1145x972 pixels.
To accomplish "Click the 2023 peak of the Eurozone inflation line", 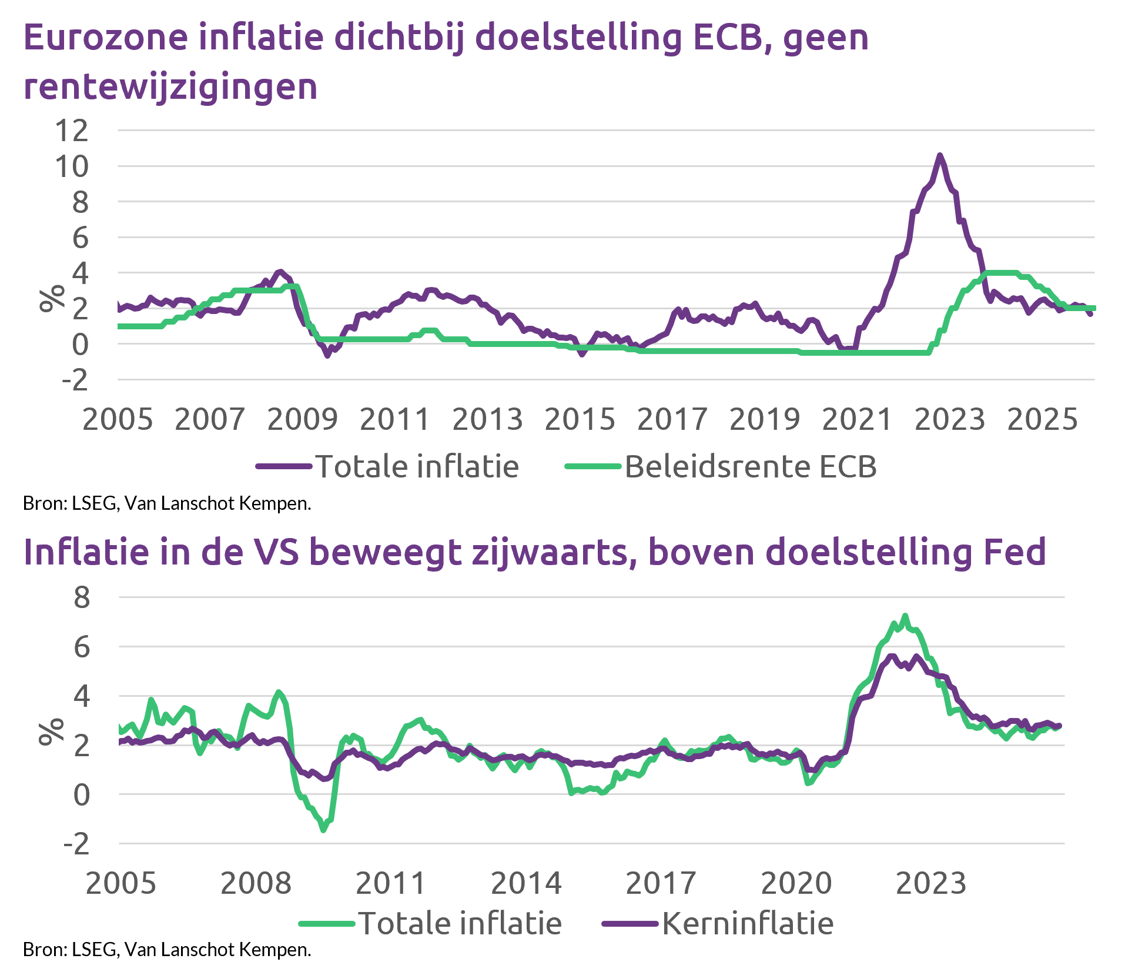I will (940, 155).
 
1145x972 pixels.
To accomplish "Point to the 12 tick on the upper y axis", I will (72, 130).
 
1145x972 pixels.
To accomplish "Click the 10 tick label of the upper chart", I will (72, 166).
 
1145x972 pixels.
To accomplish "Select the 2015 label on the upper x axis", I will (580, 420).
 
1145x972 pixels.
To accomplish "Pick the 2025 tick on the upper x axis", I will (1042, 420).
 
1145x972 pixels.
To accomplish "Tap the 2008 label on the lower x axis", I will (256, 883).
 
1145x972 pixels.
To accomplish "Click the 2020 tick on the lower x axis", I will (796, 883).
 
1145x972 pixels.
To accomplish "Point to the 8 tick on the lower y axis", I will (82, 597).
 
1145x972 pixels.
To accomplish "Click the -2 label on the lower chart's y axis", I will (76, 844).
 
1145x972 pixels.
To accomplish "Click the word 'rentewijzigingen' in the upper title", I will (170, 87).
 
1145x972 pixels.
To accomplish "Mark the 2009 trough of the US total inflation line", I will (323, 830).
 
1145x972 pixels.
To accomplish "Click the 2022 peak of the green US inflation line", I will (905, 616).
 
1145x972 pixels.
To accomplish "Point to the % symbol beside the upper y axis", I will (52, 298).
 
